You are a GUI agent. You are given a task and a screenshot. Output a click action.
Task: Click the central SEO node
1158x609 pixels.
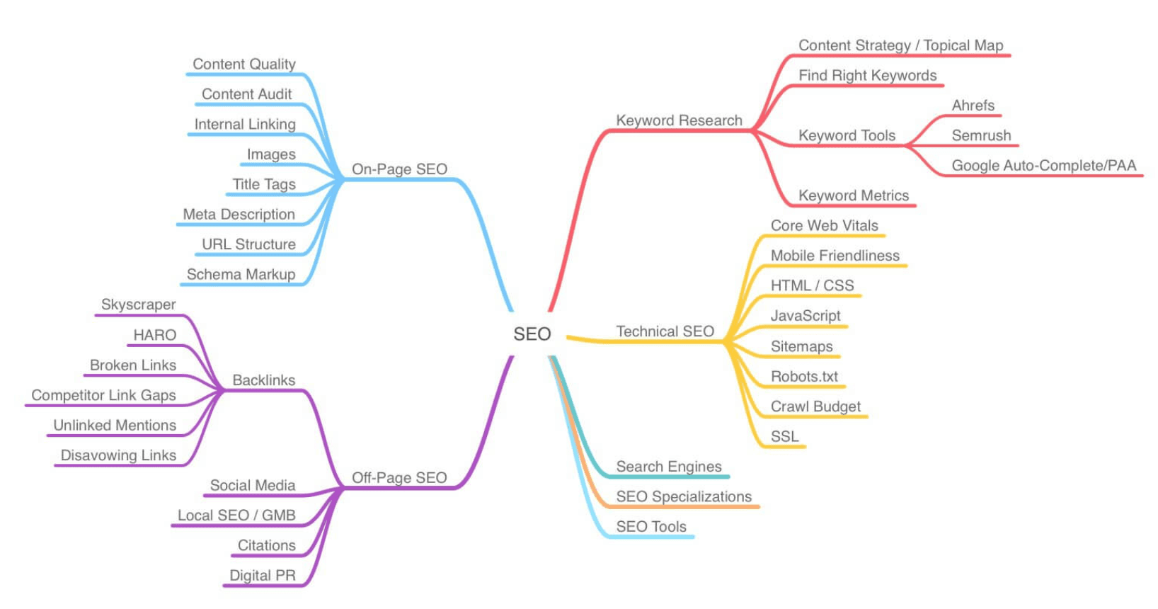pos(532,334)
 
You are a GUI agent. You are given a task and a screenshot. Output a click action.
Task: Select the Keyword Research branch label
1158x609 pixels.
pos(679,120)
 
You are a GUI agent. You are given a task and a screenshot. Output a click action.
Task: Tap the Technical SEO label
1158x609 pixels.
pos(665,331)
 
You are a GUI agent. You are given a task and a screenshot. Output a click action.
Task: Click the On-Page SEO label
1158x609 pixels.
pos(399,169)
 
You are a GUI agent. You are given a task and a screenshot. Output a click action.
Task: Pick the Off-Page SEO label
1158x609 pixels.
pos(399,478)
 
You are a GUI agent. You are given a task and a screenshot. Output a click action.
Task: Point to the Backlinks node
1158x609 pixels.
pos(263,380)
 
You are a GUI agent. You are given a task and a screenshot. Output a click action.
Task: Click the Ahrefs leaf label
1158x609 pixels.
pos(973,106)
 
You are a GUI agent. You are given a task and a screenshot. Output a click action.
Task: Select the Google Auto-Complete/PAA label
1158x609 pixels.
pos(1043,166)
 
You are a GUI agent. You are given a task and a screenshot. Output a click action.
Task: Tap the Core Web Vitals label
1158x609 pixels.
pos(824,226)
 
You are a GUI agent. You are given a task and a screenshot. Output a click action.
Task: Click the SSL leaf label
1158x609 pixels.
pos(784,436)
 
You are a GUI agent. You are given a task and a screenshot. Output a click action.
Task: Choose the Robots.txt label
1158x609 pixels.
pos(804,377)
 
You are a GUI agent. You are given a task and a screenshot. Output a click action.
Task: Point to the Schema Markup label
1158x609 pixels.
pos(241,275)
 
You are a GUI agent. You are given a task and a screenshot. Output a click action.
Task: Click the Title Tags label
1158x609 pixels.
pos(264,185)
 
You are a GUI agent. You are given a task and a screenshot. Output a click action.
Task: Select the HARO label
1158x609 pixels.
pos(154,335)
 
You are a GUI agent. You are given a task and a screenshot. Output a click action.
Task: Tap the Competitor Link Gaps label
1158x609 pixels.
pos(103,395)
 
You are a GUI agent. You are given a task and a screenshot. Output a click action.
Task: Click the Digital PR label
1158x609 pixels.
pos(262,576)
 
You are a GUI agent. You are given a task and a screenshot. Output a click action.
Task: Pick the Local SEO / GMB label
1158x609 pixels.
pos(236,516)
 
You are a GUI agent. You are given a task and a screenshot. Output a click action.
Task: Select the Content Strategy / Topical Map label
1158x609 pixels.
pos(900,45)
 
